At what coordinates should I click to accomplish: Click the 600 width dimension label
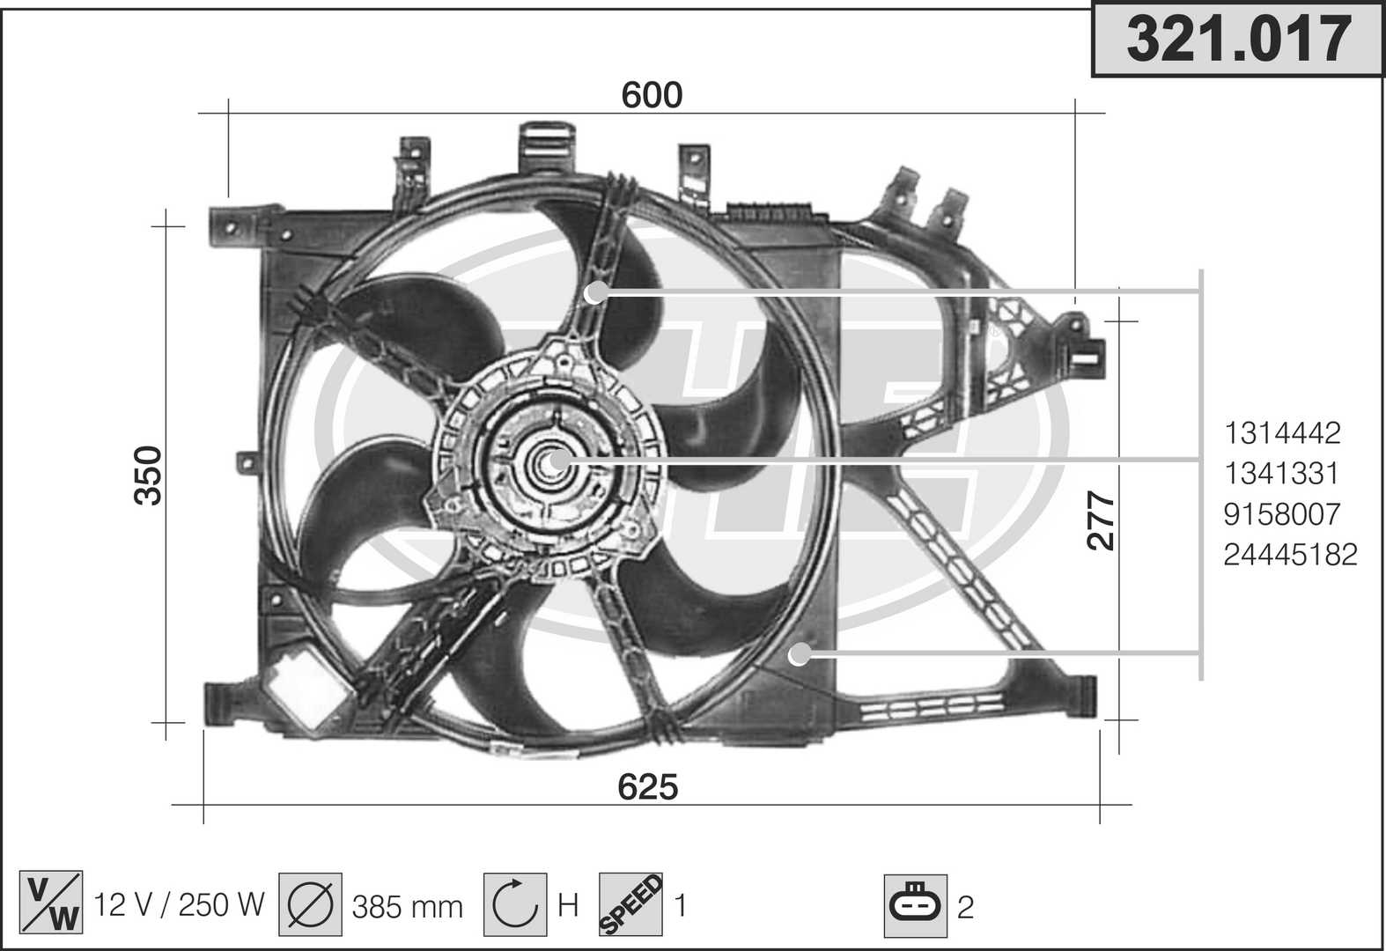tap(652, 95)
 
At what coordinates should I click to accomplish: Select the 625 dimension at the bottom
tap(648, 787)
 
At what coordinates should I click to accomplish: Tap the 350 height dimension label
tap(148, 475)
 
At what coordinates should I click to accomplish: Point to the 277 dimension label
tap(1101, 520)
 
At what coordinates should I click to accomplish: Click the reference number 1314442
tap(1282, 433)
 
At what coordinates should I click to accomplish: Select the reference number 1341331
tap(1281, 474)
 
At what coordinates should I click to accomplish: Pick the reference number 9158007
tap(1282, 514)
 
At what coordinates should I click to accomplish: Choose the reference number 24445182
tap(1291, 555)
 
